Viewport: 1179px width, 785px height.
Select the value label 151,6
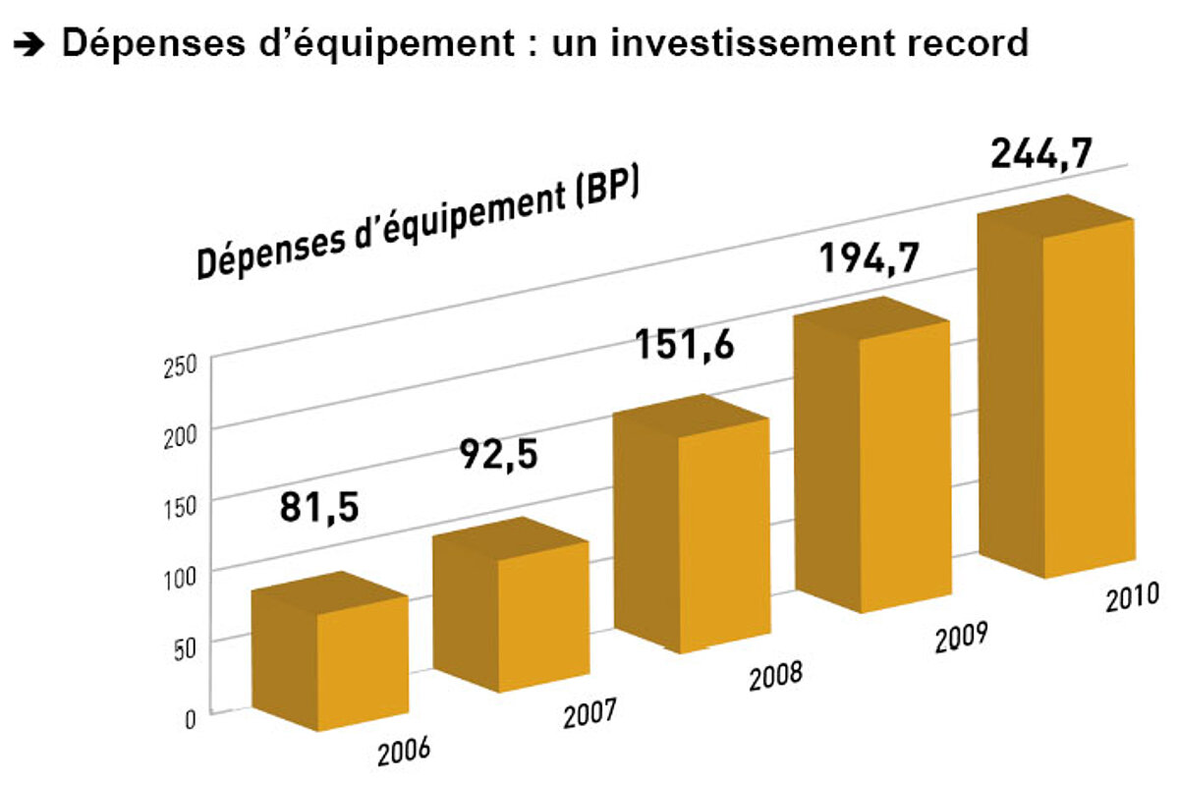pyautogui.click(x=684, y=346)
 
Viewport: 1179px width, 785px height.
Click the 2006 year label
pyautogui.click(x=405, y=751)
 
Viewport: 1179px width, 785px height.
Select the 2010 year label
pyautogui.click(x=1132, y=596)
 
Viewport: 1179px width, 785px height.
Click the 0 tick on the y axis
pyautogui.click(x=190, y=717)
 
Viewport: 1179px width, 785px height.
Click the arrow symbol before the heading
pyautogui.click(x=32, y=44)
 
